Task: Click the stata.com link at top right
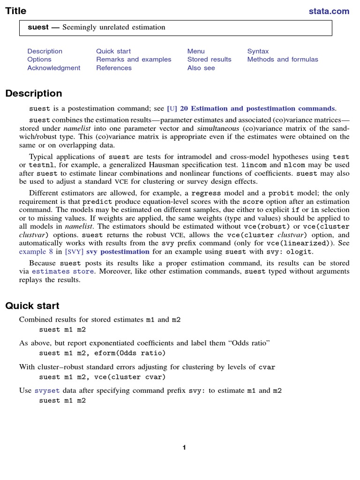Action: (329, 11)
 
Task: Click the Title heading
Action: (15, 11)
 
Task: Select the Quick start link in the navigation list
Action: (113, 51)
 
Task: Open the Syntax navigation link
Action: (258, 51)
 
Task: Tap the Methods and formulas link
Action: (282, 60)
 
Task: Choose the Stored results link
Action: (209, 60)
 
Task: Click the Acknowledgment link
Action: (53, 68)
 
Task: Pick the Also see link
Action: (201, 68)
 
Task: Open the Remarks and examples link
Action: (134, 60)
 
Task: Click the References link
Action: (114, 68)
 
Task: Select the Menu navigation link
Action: (196, 51)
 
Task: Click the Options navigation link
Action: (39, 60)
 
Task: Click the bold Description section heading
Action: (33, 93)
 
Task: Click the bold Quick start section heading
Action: (32, 306)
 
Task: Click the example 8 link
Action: (36, 251)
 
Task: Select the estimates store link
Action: (63, 271)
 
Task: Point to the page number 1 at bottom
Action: (184, 448)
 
